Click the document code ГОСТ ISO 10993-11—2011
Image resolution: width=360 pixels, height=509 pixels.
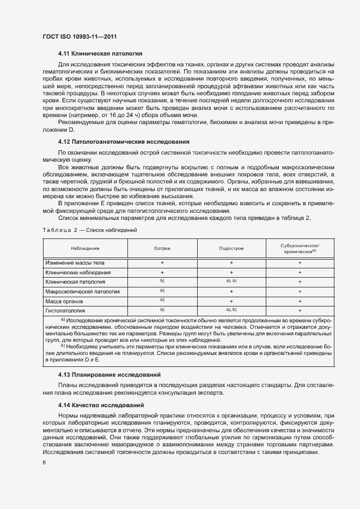[x=80, y=36]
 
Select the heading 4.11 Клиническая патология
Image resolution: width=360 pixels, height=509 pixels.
[x=100, y=54]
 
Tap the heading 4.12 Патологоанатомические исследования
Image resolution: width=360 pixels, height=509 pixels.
[x=124, y=142]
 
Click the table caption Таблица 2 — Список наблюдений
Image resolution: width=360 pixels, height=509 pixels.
[x=89, y=230]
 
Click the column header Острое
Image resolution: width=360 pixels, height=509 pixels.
[x=162, y=248]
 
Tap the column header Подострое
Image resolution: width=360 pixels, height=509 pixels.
[x=231, y=248]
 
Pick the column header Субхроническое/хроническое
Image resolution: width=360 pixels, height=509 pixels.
[x=300, y=249]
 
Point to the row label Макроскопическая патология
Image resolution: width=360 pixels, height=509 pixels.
[x=82, y=292]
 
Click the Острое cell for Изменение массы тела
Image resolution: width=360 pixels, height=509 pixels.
[x=162, y=263]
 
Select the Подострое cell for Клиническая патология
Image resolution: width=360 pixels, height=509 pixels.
[x=231, y=281]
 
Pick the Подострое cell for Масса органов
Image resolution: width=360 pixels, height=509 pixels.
[x=231, y=301]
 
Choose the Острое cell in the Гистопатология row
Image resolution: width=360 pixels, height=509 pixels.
[x=162, y=310]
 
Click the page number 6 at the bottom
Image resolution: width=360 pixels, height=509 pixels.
[x=44, y=462]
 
